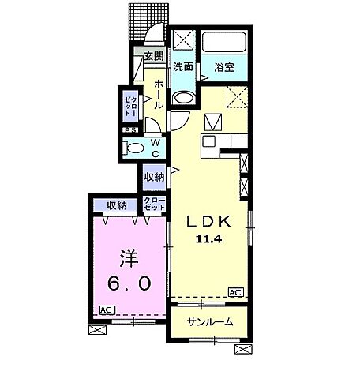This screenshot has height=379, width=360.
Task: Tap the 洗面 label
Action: pos(183,67)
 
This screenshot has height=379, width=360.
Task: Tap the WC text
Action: pos(156,148)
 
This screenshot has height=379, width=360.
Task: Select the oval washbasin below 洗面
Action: pos(183,98)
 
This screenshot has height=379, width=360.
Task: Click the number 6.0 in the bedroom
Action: pos(127,283)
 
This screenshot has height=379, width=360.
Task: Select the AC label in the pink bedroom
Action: pos(107,309)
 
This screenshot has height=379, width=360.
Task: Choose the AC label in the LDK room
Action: pos(234,292)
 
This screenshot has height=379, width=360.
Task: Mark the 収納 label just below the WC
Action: pos(154,177)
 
